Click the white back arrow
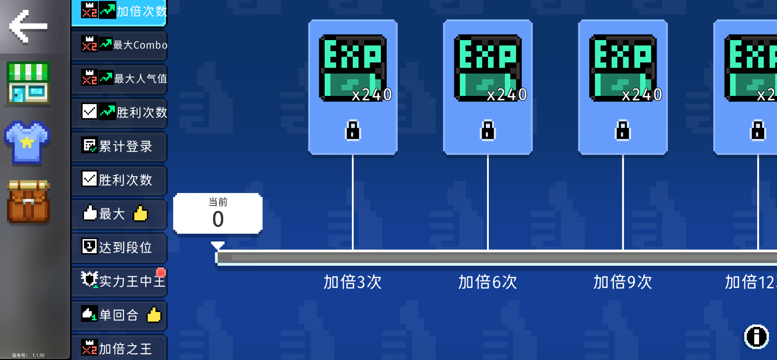point(28,26)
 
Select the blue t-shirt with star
point(27,143)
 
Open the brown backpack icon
point(28,202)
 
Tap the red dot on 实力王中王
point(161,272)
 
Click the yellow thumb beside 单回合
point(154,315)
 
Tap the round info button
point(756,337)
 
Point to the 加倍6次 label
point(488,282)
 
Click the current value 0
point(218,219)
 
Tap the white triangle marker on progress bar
point(218,245)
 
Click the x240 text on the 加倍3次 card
point(371,95)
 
